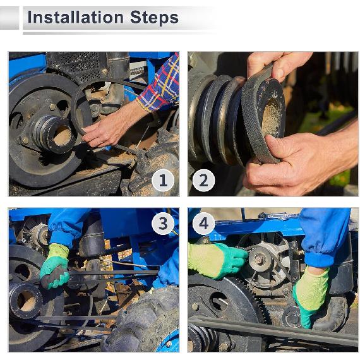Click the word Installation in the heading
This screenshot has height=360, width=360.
pyautogui.click(x=75, y=18)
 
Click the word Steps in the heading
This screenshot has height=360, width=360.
pyautogui.click(x=154, y=18)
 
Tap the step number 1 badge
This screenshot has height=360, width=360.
pyautogui.click(x=163, y=181)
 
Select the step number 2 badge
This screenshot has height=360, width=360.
pyautogui.click(x=203, y=181)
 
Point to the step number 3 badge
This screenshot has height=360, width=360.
pyautogui.click(x=163, y=224)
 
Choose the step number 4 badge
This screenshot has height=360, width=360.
pyautogui.click(x=203, y=224)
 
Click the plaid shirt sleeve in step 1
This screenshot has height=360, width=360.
pyautogui.click(x=160, y=86)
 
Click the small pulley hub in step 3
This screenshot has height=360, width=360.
pyautogui.click(x=26, y=299)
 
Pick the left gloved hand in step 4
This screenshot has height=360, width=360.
pyautogui.click(x=217, y=260)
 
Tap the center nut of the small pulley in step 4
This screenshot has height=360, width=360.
pyautogui.click(x=259, y=260)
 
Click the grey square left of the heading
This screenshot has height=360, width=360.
pyautogui.click(x=9, y=18)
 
